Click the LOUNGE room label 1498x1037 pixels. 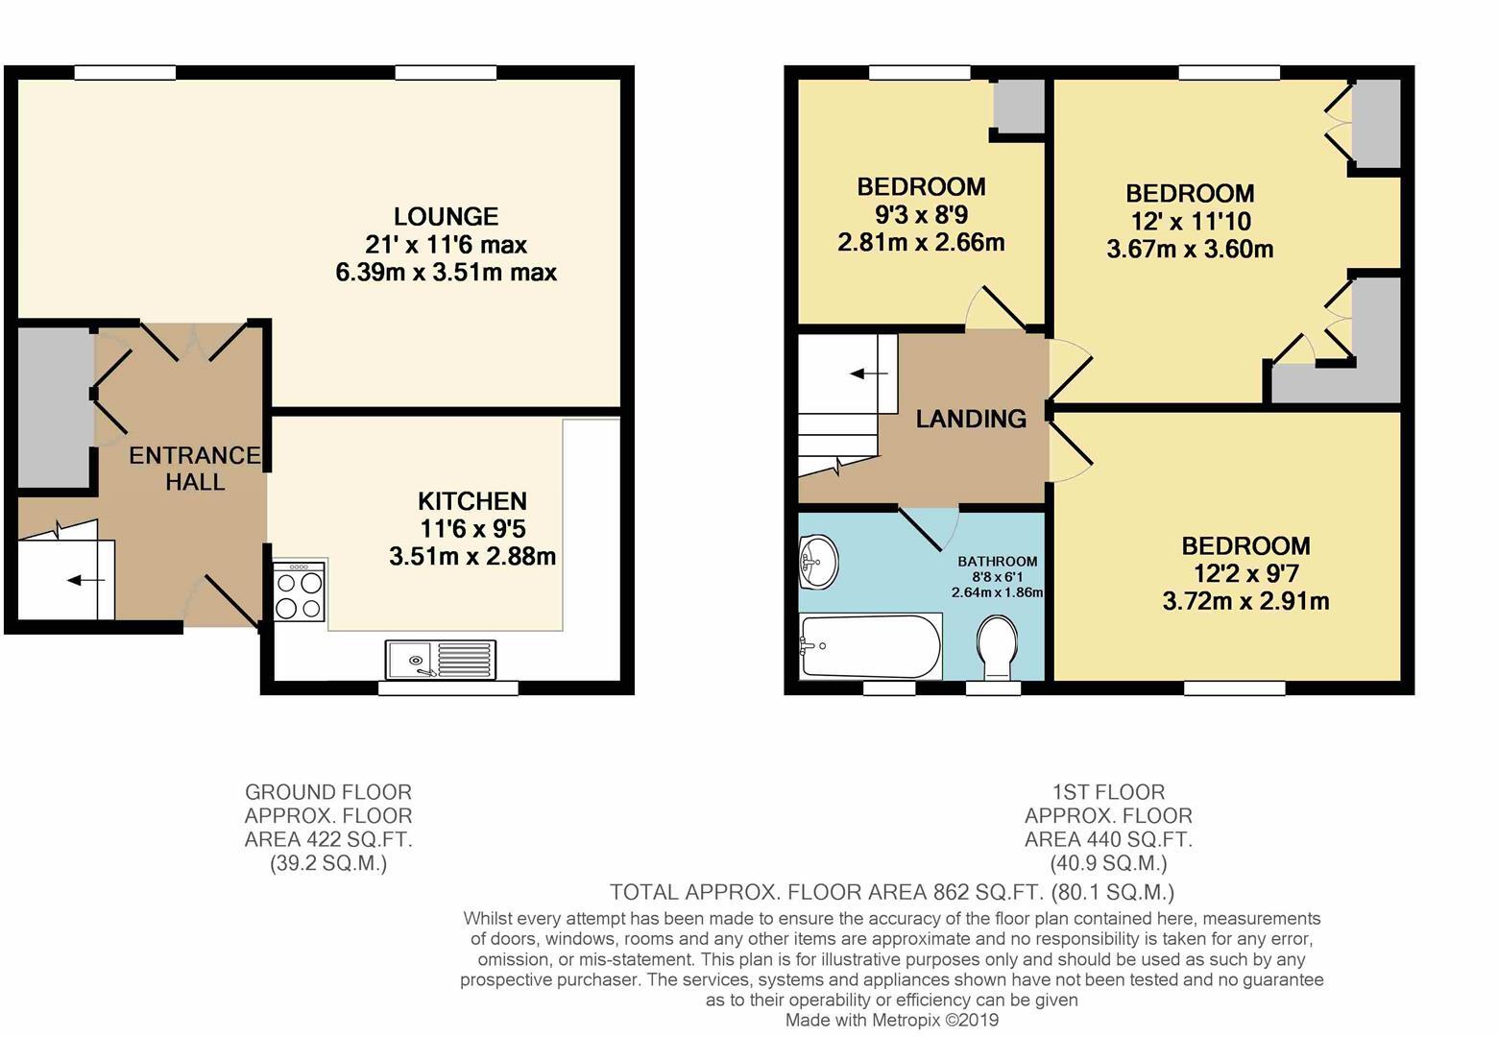tap(446, 217)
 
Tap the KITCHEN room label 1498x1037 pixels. tap(471, 501)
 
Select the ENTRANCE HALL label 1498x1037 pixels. tap(195, 469)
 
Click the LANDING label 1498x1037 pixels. tap(970, 419)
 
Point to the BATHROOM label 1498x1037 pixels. tap(997, 562)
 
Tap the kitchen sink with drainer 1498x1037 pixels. tap(441, 660)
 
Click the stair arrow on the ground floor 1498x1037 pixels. tap(80, 580)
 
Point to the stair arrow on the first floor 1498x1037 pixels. tap(869, 373)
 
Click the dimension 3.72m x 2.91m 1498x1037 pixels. tap(1245, 602)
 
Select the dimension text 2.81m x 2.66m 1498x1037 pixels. tap(921, 242)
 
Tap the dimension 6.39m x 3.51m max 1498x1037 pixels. tap(446, 273)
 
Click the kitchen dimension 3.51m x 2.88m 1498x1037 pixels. tap(471, 556)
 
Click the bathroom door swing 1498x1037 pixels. tap(931, 526)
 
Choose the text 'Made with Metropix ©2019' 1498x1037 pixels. tap(891, 1020)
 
